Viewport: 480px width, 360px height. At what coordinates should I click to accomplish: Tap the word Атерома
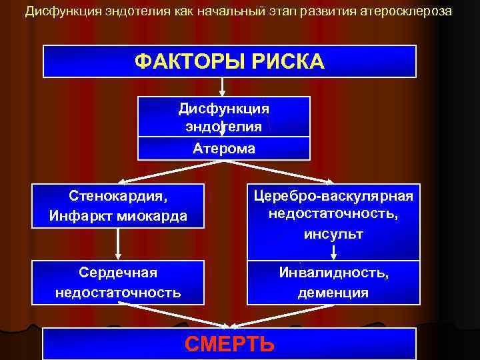pos(224,149)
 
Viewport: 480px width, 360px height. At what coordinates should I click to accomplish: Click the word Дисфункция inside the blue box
pos(224,108)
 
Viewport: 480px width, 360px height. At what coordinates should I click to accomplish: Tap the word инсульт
pos(333,234)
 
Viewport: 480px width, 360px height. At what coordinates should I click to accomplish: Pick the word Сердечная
pos(118,273)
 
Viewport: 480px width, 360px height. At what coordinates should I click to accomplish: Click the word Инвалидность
pos(333,273)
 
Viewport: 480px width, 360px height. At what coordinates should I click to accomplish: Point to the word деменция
pos(333,292)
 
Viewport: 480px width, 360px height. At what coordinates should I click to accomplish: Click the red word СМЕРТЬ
pos(229,344)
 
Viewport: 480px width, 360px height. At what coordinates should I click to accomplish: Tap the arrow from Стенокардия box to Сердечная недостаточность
pos(118,244)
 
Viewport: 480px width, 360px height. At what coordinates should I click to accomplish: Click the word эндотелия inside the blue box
pos(224,127)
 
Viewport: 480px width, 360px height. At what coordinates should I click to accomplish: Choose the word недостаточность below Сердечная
pos(118,292)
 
